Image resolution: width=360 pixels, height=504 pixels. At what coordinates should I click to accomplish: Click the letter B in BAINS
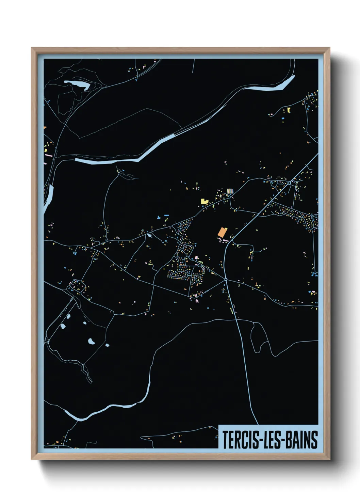(289, 440)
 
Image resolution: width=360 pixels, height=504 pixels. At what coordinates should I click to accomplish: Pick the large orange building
(222, 232)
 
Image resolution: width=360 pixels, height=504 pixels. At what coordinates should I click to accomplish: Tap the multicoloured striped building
(230, 191)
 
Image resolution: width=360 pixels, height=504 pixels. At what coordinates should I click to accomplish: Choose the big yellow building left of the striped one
(204, 201)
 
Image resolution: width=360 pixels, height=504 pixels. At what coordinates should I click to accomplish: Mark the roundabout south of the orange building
(226, 279)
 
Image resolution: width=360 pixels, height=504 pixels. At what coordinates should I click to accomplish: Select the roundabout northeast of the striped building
(289, 183)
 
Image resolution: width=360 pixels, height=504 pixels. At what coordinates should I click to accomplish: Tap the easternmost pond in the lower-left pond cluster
(107, 345)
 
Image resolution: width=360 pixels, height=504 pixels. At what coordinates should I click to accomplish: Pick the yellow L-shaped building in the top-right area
(289, 110)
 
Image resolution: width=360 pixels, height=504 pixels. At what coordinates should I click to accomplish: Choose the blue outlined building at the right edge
(315, 273)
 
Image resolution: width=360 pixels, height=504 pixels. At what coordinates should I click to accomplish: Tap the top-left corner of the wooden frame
(32, 49)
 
